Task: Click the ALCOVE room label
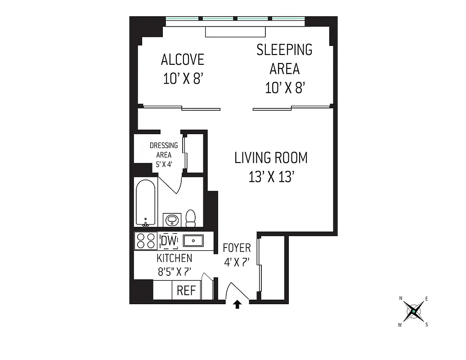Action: coord(182,59)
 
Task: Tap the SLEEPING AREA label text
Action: coord(284,59)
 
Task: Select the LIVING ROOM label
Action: coord(271,158)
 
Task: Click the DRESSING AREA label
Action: coord(164,150)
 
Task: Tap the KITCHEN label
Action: coord(174,258)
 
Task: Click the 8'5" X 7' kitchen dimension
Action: coord(174,272)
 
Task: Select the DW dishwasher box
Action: coord(169,241)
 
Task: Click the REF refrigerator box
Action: coord(186,291)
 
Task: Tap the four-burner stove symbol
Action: coord(146,241)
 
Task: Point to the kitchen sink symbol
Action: coord(193,241)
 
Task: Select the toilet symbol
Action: coord(191,218)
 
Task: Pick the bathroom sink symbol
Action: coord(172,220)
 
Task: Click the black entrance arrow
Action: coord(237,305)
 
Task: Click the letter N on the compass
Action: coord(401,298)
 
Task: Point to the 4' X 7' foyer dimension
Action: coord(237,262)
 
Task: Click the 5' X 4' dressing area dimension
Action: coord(164,164)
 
